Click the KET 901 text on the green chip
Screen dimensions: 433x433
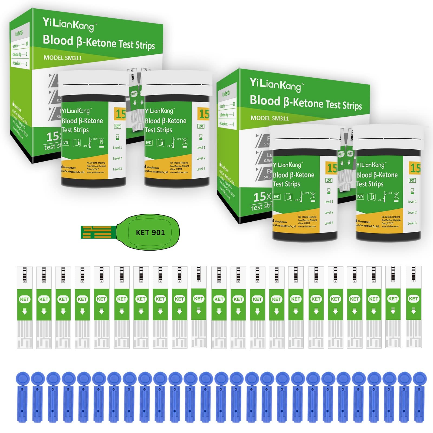150,232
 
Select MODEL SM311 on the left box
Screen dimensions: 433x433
63,58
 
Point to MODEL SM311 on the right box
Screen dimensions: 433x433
270,118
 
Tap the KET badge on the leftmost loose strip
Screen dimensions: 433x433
25,299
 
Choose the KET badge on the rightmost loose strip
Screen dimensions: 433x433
413,298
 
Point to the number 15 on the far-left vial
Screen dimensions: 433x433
121,114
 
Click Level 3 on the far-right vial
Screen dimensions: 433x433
412,223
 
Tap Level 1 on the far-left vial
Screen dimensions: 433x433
117,148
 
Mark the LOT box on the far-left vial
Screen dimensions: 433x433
117,126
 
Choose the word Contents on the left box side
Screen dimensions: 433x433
19,33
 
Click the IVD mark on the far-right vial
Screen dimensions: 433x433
360,197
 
